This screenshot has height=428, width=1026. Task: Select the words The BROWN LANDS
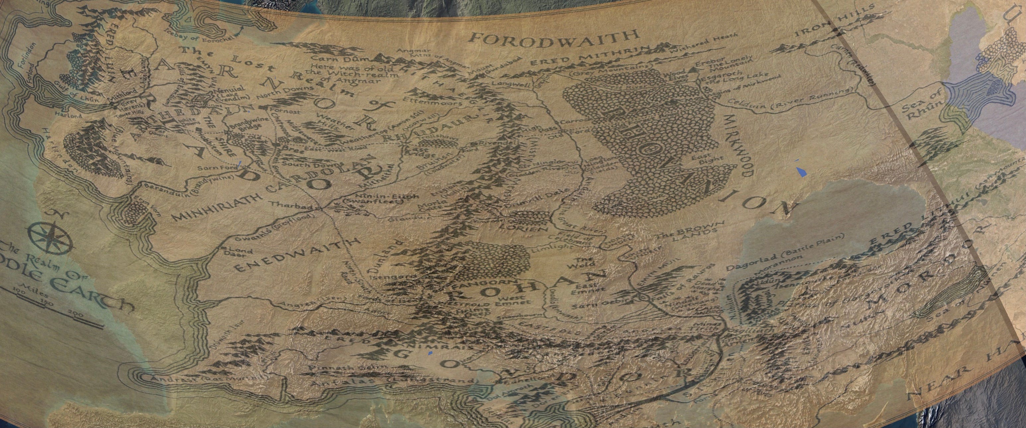(688, 236)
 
